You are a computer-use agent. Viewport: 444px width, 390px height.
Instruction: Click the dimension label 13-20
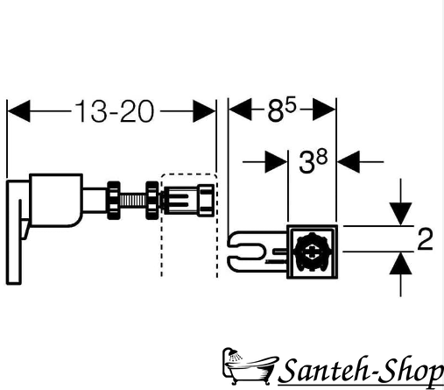click(114, 111)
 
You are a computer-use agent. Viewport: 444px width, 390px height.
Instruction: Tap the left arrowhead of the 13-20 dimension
click(18, 111)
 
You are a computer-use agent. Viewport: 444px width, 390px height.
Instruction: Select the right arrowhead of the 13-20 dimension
click(204, 111)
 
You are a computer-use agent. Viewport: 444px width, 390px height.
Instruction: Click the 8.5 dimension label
click(281, 110)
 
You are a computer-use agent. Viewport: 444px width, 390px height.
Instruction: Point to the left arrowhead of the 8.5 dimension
click(240, 110)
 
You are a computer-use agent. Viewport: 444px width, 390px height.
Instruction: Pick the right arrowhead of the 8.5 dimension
click(324, 110)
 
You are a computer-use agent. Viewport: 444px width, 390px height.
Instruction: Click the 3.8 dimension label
click(313, 161)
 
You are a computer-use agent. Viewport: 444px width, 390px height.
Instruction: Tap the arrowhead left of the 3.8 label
click(276, 161)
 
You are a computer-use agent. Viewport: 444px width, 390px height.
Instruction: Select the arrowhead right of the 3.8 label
click(349, 161)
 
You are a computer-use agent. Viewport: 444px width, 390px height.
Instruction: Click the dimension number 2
click(425, 239)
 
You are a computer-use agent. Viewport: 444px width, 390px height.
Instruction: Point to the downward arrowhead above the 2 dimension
click(400, 214)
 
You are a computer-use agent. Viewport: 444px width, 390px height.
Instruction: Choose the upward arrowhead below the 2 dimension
click(400, 263)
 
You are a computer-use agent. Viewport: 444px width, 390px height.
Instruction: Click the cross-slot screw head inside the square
click(313, 252)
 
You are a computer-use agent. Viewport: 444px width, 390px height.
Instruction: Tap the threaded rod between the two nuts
click(133, 201)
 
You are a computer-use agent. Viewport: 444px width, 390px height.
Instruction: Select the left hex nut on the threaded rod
click(114, 201)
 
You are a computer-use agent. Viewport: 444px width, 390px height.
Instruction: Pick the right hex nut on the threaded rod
click(152, 201)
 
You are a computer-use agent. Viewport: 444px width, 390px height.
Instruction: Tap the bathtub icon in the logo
click(249, 365)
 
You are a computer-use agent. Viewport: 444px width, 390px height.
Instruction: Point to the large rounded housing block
click(55, 201)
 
